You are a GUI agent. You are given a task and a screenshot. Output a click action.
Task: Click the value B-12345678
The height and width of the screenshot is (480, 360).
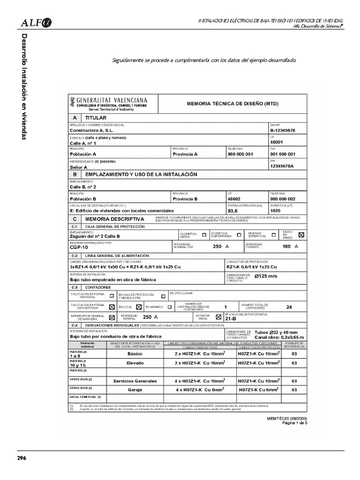(x=283, y=130)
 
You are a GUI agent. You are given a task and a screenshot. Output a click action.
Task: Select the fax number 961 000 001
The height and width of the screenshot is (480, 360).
(x=283, y=154)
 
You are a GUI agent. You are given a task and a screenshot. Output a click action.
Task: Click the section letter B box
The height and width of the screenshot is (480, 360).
(x=75, y=174)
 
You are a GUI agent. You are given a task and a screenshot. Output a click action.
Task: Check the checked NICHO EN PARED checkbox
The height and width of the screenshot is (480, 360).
(x=301, y=235)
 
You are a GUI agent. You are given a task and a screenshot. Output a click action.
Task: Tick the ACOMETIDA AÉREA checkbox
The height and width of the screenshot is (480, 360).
(x=203, y=235)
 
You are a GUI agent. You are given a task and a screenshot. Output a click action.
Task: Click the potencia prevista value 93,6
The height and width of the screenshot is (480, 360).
(x=233, y=211)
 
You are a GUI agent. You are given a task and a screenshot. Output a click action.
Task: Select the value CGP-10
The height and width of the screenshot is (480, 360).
(x=79, y=247)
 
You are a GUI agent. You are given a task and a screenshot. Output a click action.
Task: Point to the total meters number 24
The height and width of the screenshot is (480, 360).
(x=289, y=307)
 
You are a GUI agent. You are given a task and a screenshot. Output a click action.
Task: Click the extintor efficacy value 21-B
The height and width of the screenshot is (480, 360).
(x=231, y=319)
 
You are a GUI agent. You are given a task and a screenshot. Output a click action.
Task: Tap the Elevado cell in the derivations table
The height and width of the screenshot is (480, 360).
(x=135, y=363)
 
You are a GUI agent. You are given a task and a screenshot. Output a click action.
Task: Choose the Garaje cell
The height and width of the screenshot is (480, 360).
(x=135, y=390)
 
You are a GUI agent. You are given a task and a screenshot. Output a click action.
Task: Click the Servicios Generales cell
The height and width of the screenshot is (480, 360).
(x=135, y=381)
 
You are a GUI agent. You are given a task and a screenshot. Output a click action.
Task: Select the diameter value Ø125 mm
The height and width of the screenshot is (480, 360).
(x=265, y=276)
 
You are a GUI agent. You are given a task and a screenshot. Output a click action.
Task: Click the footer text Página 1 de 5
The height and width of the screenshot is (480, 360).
(x=294, y=422)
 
